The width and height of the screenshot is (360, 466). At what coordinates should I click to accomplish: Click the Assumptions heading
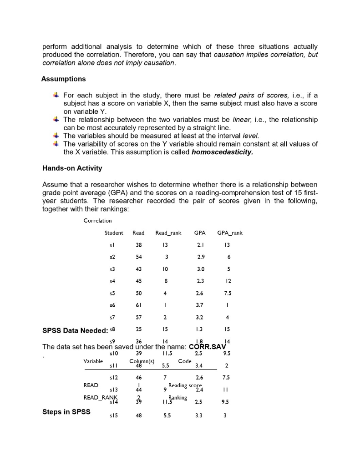click(x=63, y=79)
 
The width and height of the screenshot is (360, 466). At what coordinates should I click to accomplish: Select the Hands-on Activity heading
click(x=72, y=168)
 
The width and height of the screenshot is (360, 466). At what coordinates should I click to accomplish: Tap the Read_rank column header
click(x=168, y=233)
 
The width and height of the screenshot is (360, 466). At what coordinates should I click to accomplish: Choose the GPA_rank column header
click(x=230, y=233)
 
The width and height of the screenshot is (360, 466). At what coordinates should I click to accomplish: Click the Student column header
click(x=114, y=233)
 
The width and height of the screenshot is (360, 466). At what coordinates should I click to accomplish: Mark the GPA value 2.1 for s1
click(x=199, y=246)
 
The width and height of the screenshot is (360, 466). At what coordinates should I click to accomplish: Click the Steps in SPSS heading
click(x=66, y=412)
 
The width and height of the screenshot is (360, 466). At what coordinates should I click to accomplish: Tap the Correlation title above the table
click(x=97, y=221)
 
